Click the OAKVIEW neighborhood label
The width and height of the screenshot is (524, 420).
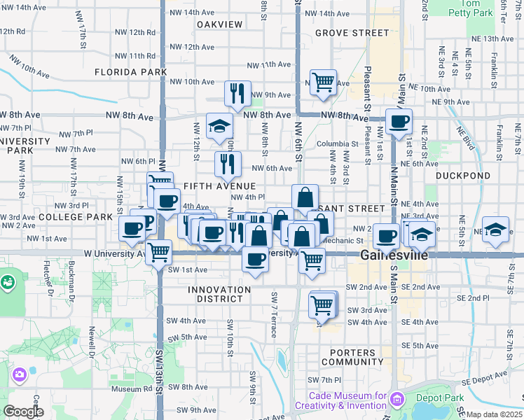pos(219,24)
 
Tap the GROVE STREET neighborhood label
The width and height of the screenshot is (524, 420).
pos(352,33)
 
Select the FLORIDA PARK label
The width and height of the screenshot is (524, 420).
pos(131,72)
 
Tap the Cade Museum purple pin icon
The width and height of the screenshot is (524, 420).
pos(397,399)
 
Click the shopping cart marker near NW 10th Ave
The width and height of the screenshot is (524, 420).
pos(323,82)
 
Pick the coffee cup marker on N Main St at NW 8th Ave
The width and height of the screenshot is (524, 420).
pos(399,121)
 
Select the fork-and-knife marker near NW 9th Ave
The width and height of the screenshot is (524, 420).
pos(237,93)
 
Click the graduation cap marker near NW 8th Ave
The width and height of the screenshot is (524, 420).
pos(219,127)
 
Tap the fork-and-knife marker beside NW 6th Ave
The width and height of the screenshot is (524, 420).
pos(228,164)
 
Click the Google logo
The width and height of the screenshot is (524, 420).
pos(23,412)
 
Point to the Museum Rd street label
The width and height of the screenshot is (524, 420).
pos(126,389)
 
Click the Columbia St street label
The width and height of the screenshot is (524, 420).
pos(331,144)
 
